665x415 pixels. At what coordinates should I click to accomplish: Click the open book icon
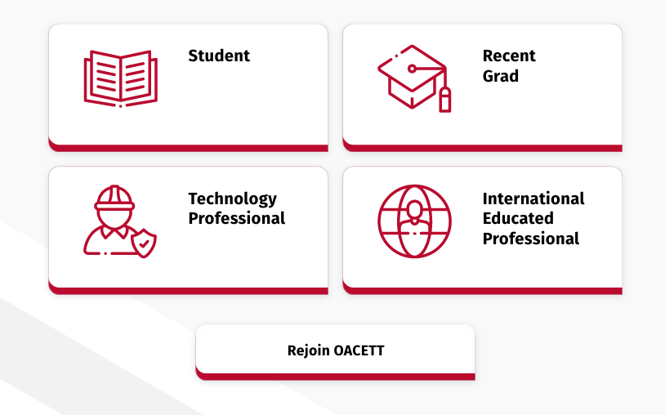(121, 79)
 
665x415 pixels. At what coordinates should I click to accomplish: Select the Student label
(219, 56)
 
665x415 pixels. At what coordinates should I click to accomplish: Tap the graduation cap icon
(414, 78)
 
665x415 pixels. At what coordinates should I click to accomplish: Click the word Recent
(509, 56)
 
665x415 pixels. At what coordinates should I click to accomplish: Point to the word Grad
(501, 76)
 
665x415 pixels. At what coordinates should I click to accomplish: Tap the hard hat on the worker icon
(114, 198)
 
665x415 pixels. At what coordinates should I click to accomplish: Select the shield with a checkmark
(144, 243)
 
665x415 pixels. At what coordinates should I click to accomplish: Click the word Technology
(232, 199)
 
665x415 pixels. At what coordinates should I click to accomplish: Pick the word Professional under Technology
(237, 218)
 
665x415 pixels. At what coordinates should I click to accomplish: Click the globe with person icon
(414, 221)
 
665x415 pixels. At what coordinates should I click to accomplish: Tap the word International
(533, 199)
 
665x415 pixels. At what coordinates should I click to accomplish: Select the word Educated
(518, 218)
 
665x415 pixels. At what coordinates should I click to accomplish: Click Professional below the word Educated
(530, 239)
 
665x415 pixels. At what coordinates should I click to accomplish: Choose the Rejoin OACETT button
(335, 352)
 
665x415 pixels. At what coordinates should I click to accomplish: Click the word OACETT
(359, 350)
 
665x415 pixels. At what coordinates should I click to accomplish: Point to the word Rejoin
(308, 351)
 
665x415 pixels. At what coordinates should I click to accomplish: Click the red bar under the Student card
(188, 148)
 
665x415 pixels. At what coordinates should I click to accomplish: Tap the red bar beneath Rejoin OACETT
(335, 377)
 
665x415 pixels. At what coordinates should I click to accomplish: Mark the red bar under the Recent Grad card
(483, 148)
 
